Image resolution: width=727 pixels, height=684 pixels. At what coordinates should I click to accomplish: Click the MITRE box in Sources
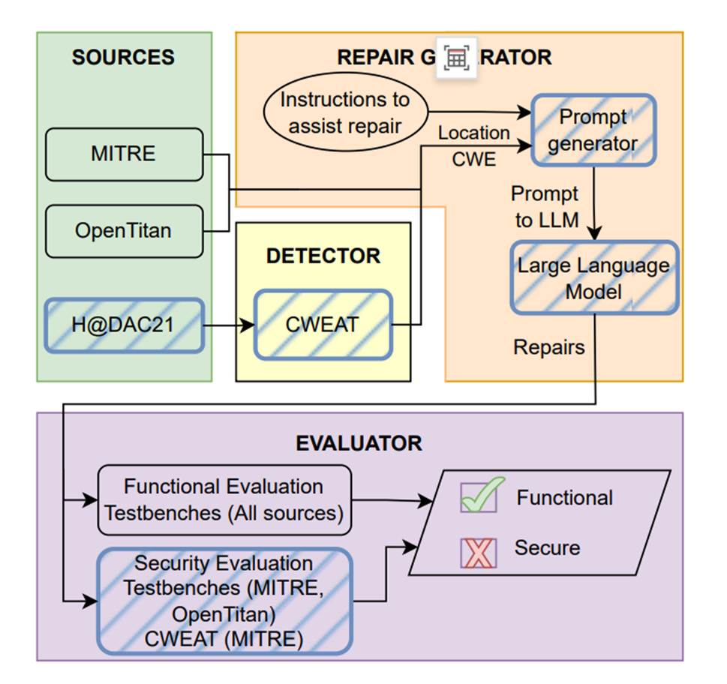pyautogui.click(x=124, y=154)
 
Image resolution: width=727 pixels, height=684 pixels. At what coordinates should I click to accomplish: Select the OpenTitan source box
pyautogui.click(x=124, y=230)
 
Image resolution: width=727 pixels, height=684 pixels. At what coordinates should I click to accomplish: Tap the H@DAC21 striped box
pyautogui.click(x=124, y=325)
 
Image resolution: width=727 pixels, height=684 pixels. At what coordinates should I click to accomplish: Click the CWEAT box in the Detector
pyautogui.click(x=323, y=325)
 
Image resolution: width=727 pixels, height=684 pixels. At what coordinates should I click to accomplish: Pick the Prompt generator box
pyautogui.click(x=593, y=130)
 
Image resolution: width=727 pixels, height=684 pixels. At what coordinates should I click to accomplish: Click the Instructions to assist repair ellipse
pyautogui.click(x=345, y=112)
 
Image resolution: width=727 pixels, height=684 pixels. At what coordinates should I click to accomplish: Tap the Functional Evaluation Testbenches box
pyautogui.click(x=224, y=499)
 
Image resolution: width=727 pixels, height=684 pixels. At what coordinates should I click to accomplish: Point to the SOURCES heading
pyautogui.click(x=123, y=58)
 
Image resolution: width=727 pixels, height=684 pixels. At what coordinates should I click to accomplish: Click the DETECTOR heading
pyautogui.click(x=323, y=256)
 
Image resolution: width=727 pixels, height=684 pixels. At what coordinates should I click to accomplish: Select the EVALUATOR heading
pyautogui.click(x=359, y=442)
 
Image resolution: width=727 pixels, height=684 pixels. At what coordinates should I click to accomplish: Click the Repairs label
pyautogui.click(x=548, y=346)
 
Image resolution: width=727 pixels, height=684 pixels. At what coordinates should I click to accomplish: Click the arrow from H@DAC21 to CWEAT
pyautogui.click(x=230, y=325)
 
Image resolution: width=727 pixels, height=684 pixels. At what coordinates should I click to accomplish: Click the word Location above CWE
pyautogui.click(x=474, y=133)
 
